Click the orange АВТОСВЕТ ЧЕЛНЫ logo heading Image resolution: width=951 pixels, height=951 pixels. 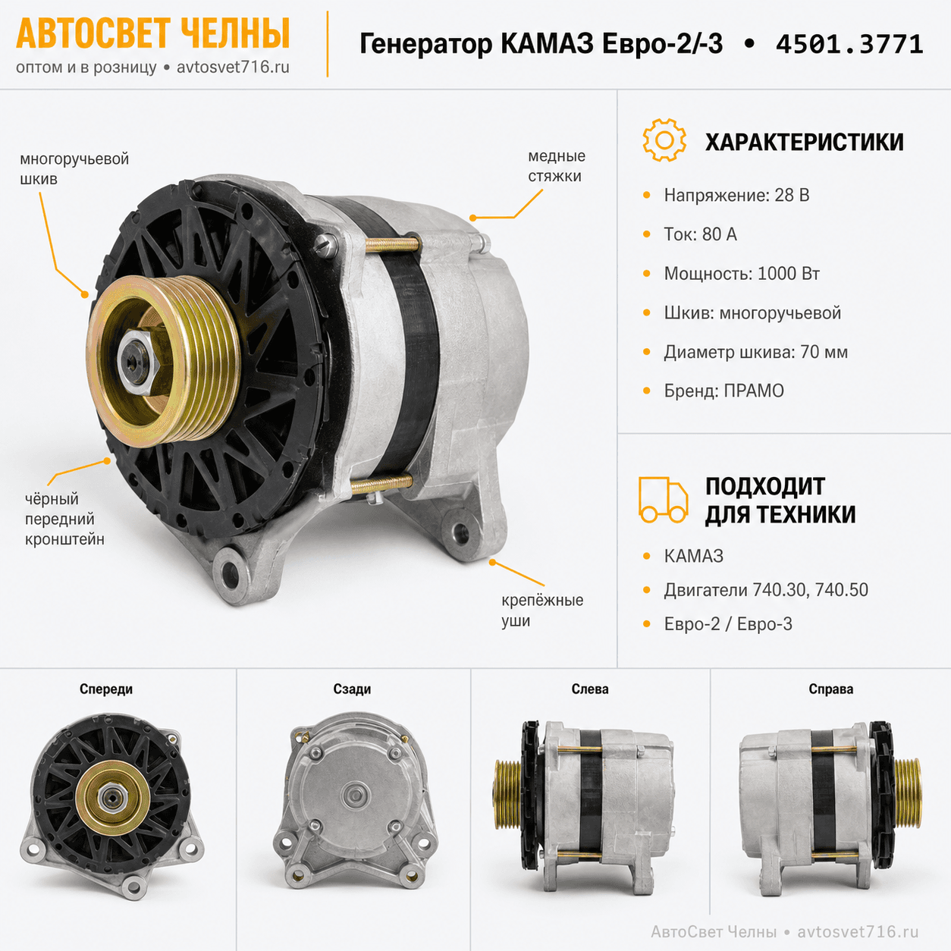[153, 33]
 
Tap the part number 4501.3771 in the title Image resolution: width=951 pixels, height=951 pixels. [849, 45]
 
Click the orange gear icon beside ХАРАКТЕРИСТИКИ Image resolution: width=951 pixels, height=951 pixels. [664, 140]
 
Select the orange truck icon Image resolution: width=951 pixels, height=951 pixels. [664, 500]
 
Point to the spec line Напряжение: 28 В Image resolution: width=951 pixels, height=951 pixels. [736, 196]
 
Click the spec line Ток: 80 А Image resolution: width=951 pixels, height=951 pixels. [700, 234]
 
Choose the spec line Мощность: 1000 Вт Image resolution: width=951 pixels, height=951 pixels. [742, 274]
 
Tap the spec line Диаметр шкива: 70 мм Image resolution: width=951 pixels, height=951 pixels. [755, 352]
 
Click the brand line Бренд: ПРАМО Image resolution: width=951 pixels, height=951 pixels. [723, 391]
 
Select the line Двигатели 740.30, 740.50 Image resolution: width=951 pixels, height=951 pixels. [766, 590]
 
